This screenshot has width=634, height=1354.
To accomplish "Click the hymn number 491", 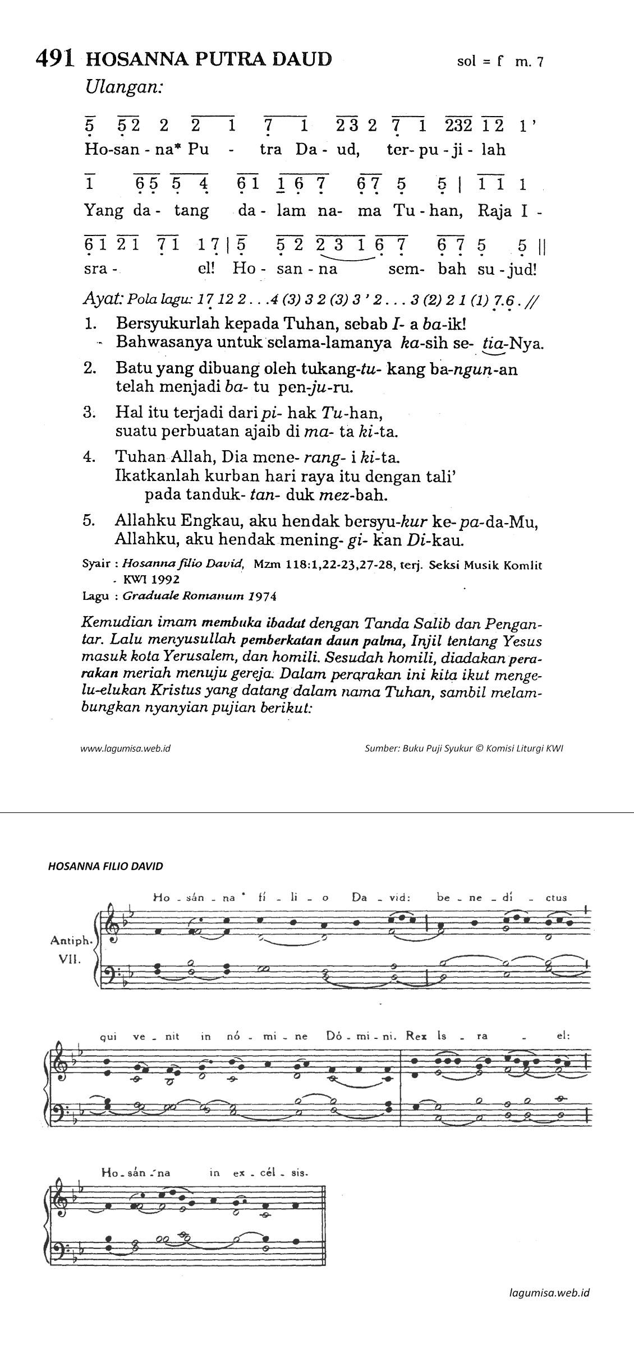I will coord(54,59).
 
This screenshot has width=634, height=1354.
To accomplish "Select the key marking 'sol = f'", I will coord(479,62).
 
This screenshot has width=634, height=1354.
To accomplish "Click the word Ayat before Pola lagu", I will coord(103,299).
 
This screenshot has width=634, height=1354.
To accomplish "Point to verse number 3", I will coord(89,413).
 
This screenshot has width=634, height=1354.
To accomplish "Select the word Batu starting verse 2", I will coord(132,369).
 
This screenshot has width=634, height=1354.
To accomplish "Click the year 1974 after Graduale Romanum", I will coord(264,597).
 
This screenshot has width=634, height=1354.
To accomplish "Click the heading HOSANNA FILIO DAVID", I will coord(105,866).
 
